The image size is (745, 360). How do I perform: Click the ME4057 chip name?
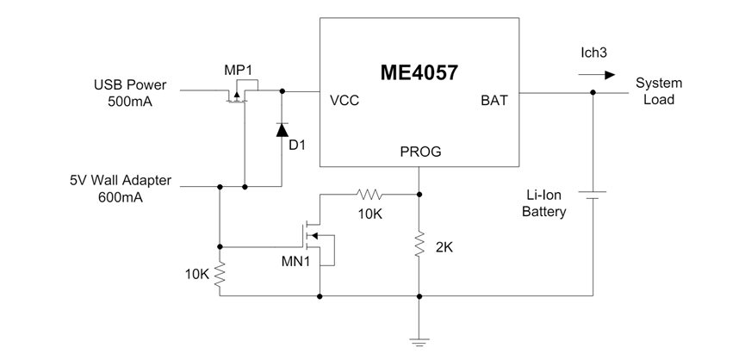[419, 72]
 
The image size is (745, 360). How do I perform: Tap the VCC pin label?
[345, 100]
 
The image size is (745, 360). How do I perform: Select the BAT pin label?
[494, 100]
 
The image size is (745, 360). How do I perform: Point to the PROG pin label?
[420, 152]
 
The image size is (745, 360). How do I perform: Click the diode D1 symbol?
[282, 130]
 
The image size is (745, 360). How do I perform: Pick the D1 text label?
[297, 145]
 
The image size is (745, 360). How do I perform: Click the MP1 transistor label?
[237, 69]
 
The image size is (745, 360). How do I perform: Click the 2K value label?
[444, 246]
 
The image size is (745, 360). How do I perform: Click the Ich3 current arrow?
[597, 75]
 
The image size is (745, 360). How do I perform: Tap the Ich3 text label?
[594, 53]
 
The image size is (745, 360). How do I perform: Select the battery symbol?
[593, 195]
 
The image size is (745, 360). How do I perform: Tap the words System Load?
[659, 91]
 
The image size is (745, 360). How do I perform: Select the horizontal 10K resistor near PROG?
[369, 193]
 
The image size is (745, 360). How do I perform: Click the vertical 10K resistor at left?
[220, 275]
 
